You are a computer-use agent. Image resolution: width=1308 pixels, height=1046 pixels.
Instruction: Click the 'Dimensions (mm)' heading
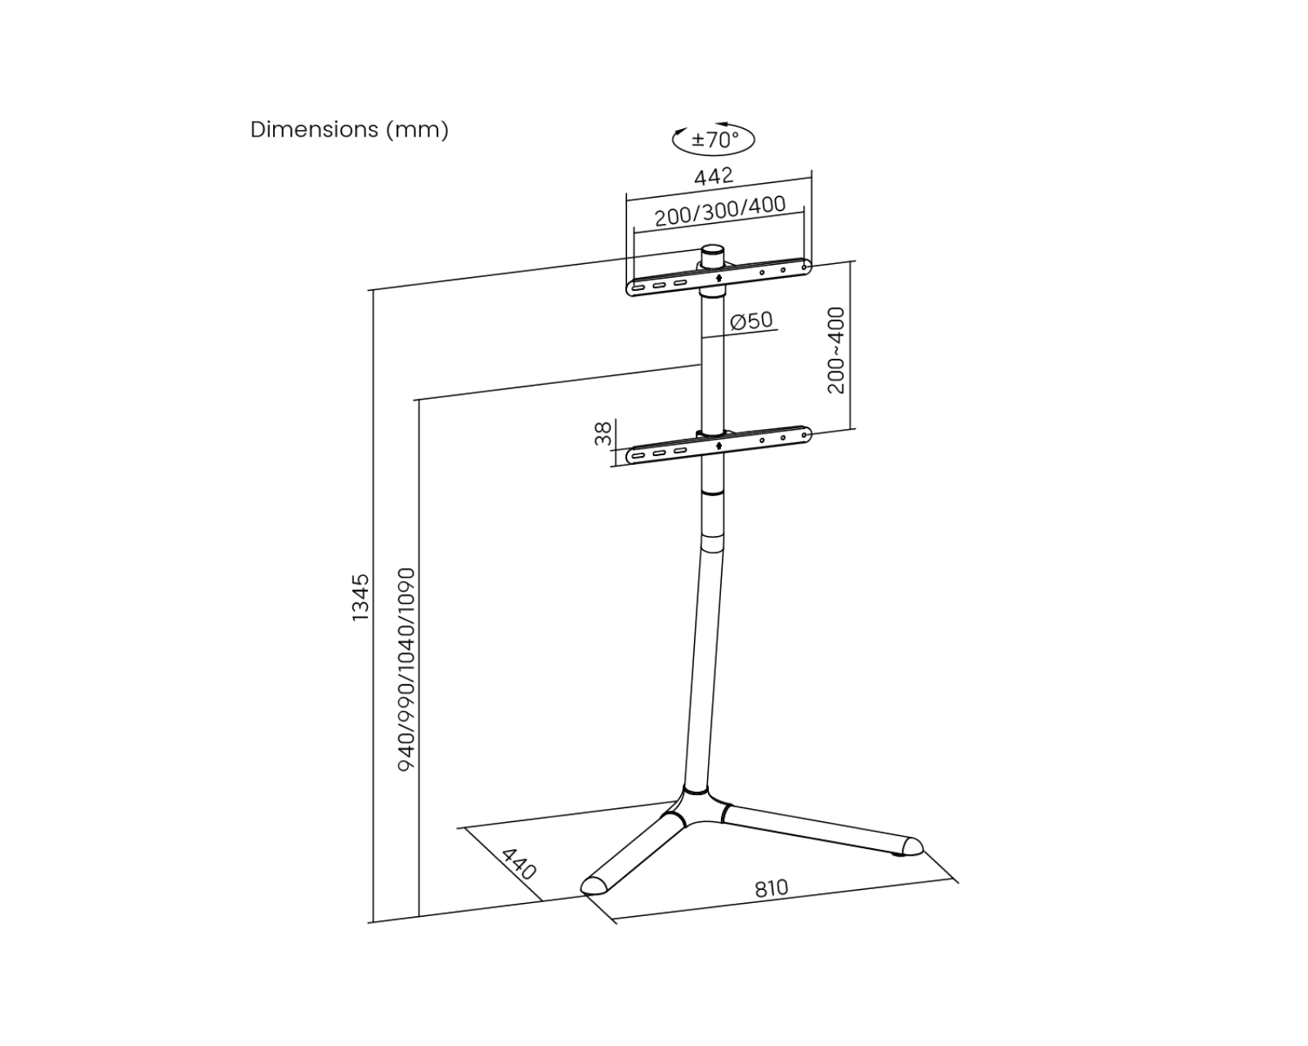pos(349,130)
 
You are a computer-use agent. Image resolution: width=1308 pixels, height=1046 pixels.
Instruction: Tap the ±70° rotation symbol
pos(713,140)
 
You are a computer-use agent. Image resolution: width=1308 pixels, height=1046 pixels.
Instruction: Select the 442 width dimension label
pos(714,176)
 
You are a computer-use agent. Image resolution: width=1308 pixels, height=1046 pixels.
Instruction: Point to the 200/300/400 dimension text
pos(719,211)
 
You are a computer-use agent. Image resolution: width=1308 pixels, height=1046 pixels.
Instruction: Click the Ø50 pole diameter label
pos(750,320)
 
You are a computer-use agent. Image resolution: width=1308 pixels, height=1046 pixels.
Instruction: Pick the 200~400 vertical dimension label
pos(835,351)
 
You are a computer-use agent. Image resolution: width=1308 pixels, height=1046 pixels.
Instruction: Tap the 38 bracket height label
pos(603,434)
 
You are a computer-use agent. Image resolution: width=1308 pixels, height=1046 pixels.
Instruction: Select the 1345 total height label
pos(361,597)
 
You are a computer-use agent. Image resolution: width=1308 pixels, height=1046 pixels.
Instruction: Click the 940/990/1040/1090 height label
pos(406,668)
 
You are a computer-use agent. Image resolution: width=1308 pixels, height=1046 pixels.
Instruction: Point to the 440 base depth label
pos(518,864)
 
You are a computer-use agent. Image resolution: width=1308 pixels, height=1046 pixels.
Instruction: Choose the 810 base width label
pos(771,888)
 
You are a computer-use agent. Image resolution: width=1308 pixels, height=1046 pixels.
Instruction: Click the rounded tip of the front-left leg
pos(592,885)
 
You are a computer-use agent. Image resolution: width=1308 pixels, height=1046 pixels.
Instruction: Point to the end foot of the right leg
pos(909,847)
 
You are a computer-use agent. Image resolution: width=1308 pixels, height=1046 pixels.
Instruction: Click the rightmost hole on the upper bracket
pos(804,266)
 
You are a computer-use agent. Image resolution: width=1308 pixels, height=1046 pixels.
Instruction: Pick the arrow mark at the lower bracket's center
pos(718,445)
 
